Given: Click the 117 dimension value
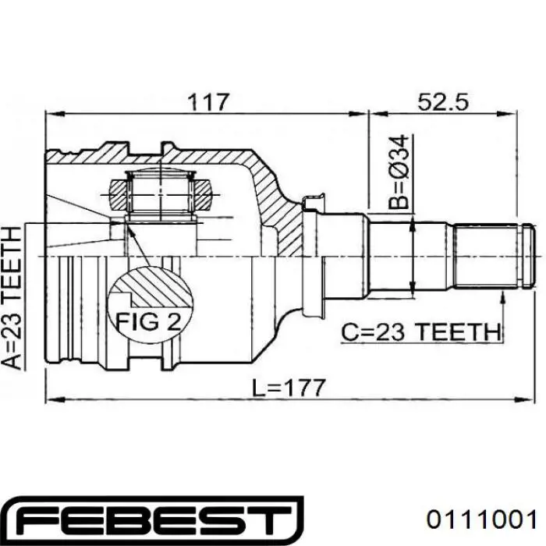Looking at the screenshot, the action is (209, 102).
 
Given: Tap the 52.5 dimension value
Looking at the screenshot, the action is (443, 102).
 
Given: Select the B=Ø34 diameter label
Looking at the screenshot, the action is (398, 172).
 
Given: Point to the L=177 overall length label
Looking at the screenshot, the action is (289, 388).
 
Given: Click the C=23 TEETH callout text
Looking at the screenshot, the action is (420, 332).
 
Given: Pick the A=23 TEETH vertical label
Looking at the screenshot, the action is (12, 298).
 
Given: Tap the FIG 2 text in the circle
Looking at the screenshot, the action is (148, 321).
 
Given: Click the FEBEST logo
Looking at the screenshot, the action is (152, 520).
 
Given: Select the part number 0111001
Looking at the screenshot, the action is (482, 520).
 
